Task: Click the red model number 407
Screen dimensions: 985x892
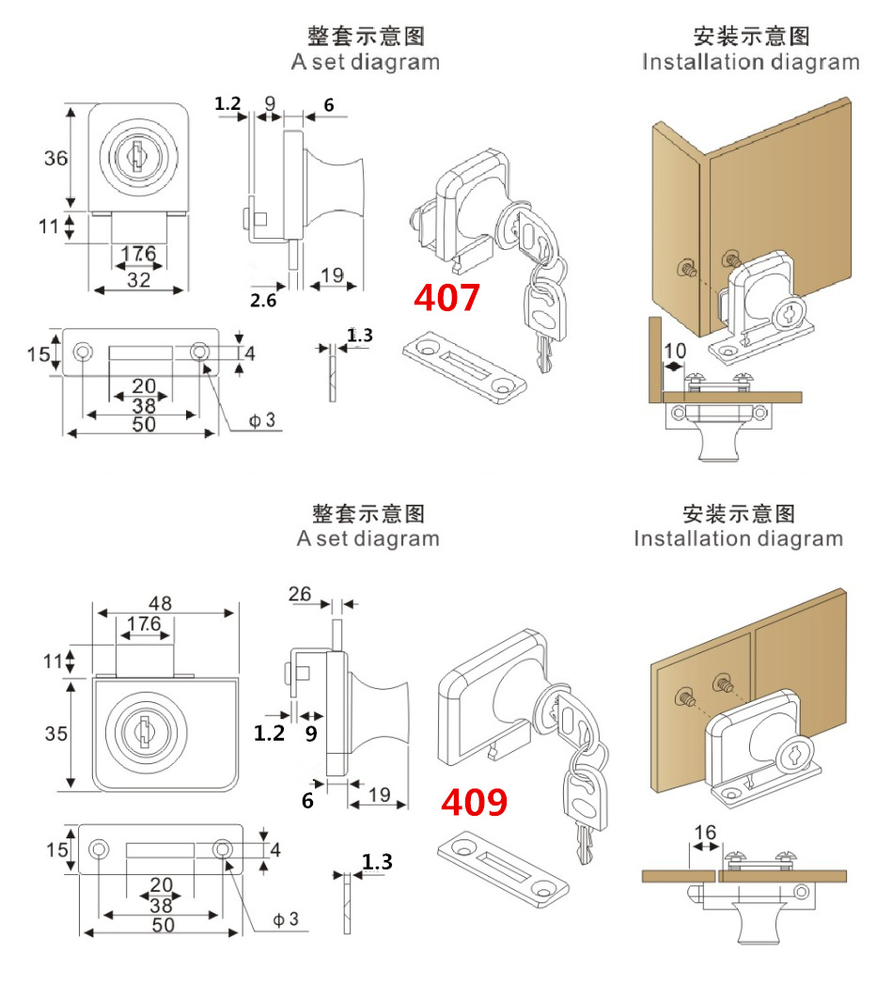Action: click(447, 298)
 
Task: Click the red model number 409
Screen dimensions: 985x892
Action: click(475, 802)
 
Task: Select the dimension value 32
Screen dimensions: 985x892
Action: click(139, 279)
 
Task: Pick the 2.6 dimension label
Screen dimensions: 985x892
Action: click(263, 300)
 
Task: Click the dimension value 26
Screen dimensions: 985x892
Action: click(300, 594)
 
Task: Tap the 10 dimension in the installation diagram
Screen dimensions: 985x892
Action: click(674, 351)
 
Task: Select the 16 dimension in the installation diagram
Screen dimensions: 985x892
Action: click(705, 832)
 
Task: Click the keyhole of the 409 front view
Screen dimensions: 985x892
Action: click(144, 730)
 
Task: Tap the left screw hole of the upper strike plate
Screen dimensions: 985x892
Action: click(83, 352)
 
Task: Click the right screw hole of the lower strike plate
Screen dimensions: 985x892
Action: click(223, 850)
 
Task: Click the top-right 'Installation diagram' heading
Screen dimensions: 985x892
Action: click(750, 62)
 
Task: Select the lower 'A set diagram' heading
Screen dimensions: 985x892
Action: click(368, 539)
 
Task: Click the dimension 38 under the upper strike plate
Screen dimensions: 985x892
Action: click(143, 406)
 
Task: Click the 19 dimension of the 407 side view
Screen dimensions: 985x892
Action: click(332, 274)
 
